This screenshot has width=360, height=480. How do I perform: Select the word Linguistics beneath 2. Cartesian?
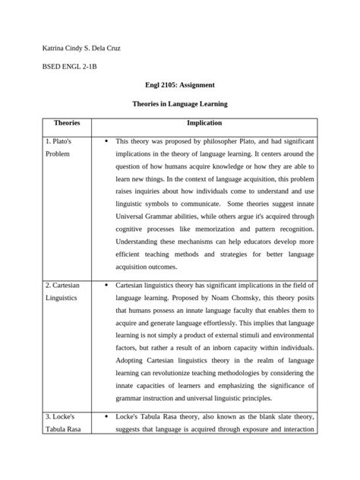coord(61,298)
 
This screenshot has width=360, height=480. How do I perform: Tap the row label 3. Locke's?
coord(62,416)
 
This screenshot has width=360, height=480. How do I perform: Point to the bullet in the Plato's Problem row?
coord(103,141)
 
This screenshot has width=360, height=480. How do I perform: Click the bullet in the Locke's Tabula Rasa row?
coord(103,416)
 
